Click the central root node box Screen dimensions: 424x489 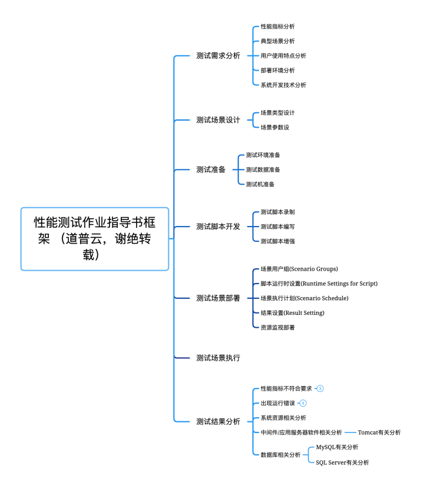pyautogui.click(x=95, y=239)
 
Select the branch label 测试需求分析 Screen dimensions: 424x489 pyautogui.click(x=218, y=56)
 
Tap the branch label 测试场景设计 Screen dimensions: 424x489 pyautogui.click(x=218, y=120)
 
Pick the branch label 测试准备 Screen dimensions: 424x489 pyautogui.click(x=211, y=169)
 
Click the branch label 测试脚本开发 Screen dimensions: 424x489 pyautogui.click(x=218, y=227)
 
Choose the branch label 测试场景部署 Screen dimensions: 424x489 pyautogui.click(x=218, y=298)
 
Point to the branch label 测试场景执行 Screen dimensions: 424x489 pyautogui.click(x=218, y=358)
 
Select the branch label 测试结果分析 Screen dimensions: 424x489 pyautogui.click(x=218, y=422)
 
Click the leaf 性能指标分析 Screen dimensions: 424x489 pyautogui.click(x=278, y=26)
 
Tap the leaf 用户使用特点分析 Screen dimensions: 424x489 pyautogui.click(x=283, y=56)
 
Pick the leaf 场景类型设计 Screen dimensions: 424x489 pyautogui.click(x=278, y=112)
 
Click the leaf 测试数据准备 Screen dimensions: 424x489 pyautogui.click(x=263, y=169)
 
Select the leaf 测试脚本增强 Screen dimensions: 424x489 pyautogui.click(x=278, y=241)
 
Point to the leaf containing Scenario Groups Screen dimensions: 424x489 pyautogui.click(x=299, y=269)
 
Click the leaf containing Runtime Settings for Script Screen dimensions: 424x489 pyautogui.click(x=319, y=284)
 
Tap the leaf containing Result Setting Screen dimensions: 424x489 pyautogui.click(x=292, y=313)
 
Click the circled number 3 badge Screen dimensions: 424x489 pyautogui.click(x=320, y=388)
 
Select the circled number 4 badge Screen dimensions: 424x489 pyautogui.click(x=303, y=403)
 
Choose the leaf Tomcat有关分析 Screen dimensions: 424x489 pyautogui.click(x=379, y=433)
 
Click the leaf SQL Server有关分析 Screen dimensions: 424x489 pyautogui.click(x=342, y=463)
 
